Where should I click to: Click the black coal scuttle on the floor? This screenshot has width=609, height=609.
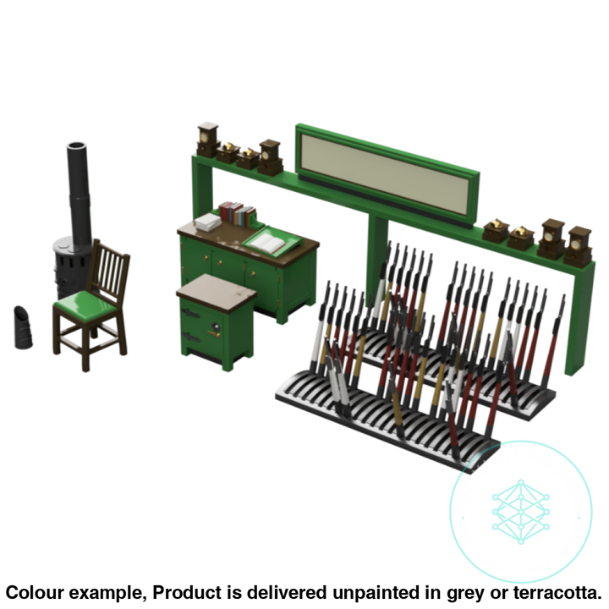(x=23, y=327)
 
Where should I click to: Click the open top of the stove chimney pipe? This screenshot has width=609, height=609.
(x=77, y=146)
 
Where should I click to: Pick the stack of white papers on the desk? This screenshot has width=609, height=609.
(x=208, y=222)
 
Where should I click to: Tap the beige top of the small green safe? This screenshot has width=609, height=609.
(x=217, y=291)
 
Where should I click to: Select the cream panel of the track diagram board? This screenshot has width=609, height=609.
(x=385, y=173)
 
